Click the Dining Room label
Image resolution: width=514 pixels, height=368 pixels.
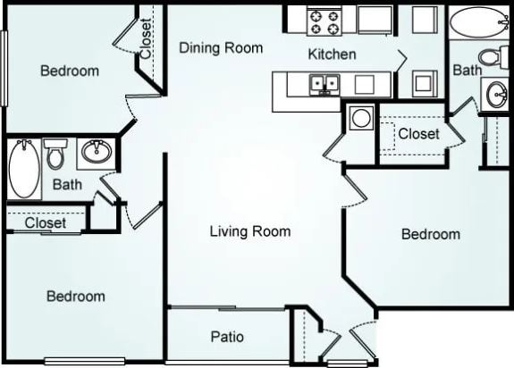click(221, 48)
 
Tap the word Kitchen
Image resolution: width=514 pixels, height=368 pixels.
click(332, 54)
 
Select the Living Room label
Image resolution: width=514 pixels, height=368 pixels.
click(249, 231)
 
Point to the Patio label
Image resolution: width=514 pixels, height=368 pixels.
click(227, 337)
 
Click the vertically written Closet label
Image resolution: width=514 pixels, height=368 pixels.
click(147, 39)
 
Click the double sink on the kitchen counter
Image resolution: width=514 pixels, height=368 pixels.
click(324, 85)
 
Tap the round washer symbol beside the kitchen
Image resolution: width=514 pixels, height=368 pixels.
click(361, 118)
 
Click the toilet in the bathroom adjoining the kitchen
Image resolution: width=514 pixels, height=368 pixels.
click(491, 57)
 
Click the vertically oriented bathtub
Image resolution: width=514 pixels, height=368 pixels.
click(22, 167)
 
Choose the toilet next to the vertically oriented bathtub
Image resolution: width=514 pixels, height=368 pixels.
click(55, 155)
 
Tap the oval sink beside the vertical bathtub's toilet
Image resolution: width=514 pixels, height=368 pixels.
click(95, 153)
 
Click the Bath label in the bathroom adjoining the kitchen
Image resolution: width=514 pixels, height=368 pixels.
click(466, 69)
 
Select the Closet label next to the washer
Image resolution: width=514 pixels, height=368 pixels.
click(418, 134)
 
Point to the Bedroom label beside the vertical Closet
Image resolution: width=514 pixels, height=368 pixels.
click(70, 71)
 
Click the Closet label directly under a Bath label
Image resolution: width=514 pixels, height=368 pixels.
click(45, 222)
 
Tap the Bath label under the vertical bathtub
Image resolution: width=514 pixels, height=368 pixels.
click(67, 185)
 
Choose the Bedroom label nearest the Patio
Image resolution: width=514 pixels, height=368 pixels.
click(76, 296)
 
